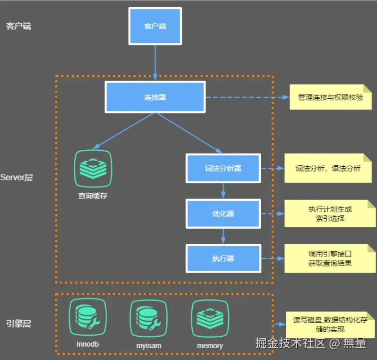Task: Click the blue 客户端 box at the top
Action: (155, 26)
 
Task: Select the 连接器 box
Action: (155, 97)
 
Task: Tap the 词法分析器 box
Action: (223, 168)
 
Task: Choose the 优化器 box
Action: (223, 214)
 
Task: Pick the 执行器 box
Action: (223, 258)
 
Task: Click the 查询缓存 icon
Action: (93, 168)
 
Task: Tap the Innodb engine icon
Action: (88, 317)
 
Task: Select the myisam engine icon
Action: (149, 318)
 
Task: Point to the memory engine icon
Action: (210, 318)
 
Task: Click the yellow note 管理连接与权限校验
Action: (331, 97)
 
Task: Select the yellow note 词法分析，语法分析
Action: (328, 168)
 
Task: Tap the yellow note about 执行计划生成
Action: (330, 213)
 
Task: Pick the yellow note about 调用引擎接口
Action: (330, 258)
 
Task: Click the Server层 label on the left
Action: (17, 178)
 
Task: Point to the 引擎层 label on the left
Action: (18, 324)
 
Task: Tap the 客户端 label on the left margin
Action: (18, 26)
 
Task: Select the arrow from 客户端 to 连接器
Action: (155, 63)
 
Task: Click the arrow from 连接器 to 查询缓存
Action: (124, 131)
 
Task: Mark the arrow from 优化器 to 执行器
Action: (223, 236)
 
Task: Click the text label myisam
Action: (149, 346)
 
